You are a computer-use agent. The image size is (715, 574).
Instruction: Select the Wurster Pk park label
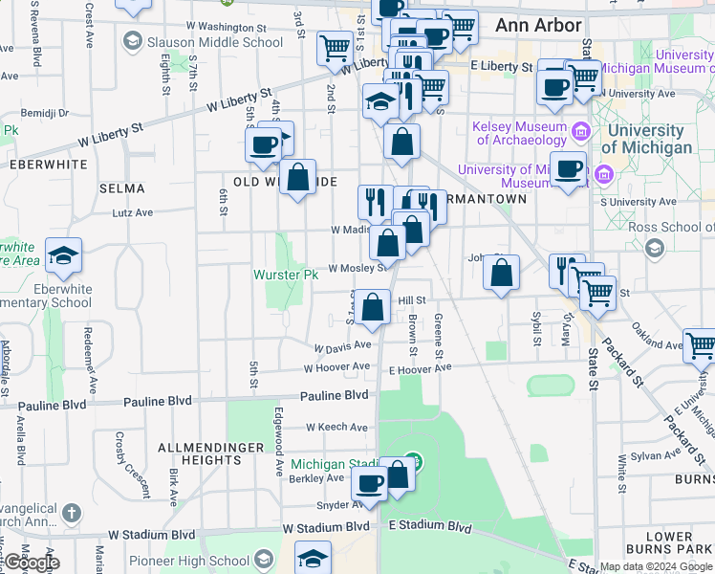(x=285, y=275)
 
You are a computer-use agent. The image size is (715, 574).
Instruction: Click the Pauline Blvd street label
(x=335, y=395)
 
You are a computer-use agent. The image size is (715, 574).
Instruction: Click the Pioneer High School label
(x=216, y=562)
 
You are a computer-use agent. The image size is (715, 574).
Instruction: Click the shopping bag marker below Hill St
(x=374, y=309)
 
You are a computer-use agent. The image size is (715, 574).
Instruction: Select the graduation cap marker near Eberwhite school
(x=63, y=255)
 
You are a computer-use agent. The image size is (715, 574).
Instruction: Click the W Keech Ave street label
(x=336, y=428)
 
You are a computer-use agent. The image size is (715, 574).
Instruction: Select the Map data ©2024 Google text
(x=656, y=566)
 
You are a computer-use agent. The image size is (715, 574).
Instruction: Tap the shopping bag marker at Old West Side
(x=298, y=178)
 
